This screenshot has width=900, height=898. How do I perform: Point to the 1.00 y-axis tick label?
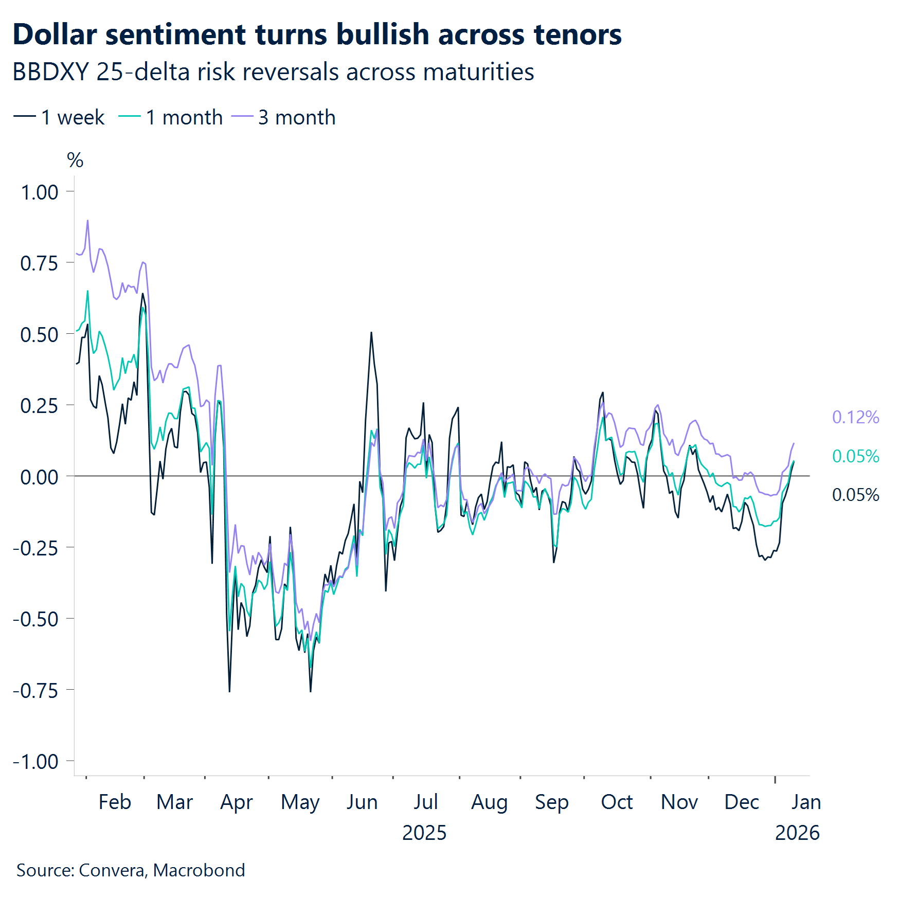pos(39,192)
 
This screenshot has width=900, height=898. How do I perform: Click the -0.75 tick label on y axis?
pos(35,690)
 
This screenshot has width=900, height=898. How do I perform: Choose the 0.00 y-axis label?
pos(39,477)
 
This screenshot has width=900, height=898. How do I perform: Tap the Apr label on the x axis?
pos(237,802)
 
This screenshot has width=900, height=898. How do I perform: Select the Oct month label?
pos(617,802)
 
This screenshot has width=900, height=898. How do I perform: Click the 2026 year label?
pos(797,833)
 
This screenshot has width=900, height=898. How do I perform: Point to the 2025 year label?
pos(424,833)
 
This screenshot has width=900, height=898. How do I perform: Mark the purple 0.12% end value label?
pos(855,417)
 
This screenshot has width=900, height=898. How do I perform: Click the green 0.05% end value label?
pos(855,456)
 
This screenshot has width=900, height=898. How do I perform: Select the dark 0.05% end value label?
pos(855,495)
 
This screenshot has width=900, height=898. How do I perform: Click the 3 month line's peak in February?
pos(87,221)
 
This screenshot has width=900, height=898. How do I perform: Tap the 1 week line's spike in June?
pos(371,333)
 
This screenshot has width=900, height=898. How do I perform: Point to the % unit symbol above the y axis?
pos(75,160)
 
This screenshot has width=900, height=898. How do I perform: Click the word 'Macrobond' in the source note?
pos(199,870)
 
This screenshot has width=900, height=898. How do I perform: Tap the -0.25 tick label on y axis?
pos(35,548)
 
